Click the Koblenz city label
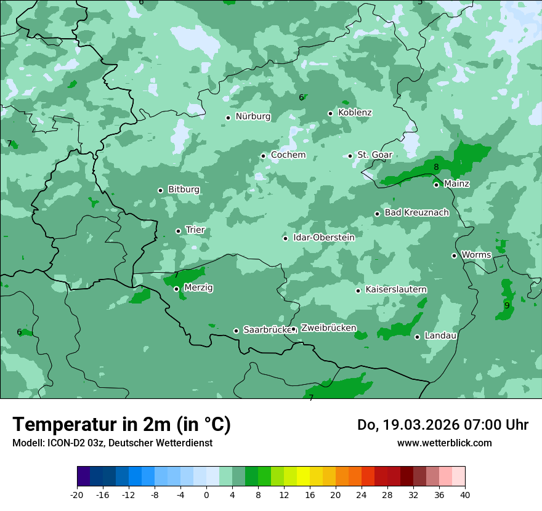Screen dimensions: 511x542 coord(355,113)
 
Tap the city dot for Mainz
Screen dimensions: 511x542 coord(436,185)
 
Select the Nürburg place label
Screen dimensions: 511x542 coord(253,116)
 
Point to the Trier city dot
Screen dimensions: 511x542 coord(179,231)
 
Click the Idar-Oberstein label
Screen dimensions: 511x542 coord(323,238)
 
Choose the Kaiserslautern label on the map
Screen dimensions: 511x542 coord(396,289)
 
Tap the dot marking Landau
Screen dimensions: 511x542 coord(417,337)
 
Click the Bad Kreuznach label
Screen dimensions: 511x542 coord(416,212)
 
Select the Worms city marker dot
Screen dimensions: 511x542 coord(454,255)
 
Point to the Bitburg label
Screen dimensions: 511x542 coord(184,190)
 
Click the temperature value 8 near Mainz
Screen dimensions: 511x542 coord(436,167)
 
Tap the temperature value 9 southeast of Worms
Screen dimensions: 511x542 coord(507,305)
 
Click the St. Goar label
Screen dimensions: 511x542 coord(374,155)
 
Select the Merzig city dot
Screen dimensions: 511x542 coord(176,289)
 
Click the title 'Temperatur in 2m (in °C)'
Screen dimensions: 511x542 coord(121,425)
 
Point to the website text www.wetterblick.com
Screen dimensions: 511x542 coord(444,443)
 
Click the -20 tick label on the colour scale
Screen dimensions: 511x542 coord(77,495)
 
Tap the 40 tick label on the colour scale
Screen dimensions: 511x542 coord(464,495)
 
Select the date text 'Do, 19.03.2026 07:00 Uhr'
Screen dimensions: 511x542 coord(442,425)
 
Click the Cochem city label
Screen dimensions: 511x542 coord(288,155)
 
